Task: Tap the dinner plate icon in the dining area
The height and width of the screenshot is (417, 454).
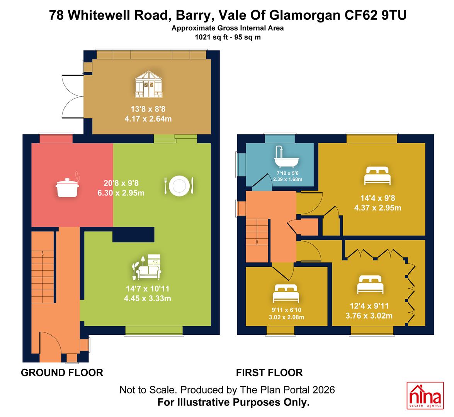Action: pos(179,186)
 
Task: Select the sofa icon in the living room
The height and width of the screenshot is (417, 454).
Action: pos(147,267)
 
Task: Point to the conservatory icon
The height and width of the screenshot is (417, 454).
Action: pos(148,84)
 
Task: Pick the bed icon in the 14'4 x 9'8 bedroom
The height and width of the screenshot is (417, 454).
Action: pos(377,176)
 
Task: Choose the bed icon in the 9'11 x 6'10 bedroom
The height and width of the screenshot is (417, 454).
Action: pos(286,293)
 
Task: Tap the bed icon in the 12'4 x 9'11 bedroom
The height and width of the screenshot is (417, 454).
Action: pos(370,284)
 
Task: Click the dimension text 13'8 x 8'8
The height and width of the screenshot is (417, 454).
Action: pos(148,109)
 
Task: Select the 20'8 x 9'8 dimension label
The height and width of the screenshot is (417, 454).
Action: pos(121,183)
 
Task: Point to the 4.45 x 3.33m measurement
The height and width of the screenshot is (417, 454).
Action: pos(147,298)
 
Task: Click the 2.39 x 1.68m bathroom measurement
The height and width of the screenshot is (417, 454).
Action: pos(287,180)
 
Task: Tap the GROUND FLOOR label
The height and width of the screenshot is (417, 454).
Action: pos(62,373)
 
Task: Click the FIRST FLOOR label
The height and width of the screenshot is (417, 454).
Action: pos(269,373)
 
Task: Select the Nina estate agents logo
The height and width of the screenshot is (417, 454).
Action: pos(425,395)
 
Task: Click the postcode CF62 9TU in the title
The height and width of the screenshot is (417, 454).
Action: pos(375,15)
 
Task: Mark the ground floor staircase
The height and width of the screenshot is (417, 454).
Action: pos(43,267)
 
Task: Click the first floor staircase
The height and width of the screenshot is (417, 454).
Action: pos(257,241)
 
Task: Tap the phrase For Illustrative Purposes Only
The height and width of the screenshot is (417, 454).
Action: pos(233,403)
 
